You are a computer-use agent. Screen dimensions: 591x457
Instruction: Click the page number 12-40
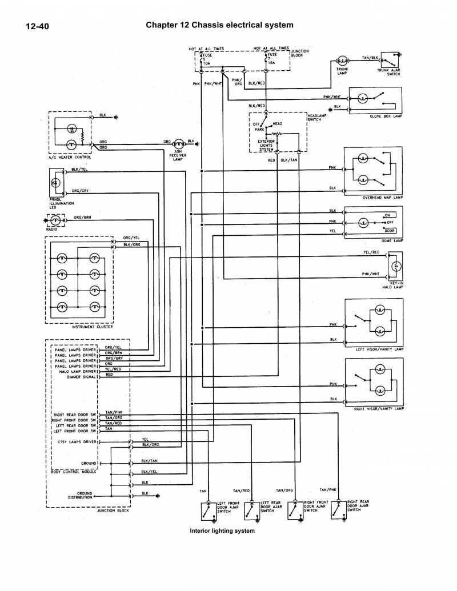[37, 26]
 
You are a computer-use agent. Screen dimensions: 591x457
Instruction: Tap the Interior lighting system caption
[222, 530]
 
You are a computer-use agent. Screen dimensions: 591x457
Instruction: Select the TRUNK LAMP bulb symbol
[342, 61]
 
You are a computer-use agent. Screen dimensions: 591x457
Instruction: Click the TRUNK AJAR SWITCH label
[388, 72]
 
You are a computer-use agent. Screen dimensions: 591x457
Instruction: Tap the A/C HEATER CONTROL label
[67, 156]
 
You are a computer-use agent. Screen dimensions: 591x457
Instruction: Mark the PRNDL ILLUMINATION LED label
[62, 203]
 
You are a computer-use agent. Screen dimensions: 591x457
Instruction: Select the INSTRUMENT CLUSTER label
[92, 327]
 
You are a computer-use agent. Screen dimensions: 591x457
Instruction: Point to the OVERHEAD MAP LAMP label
[383, 198]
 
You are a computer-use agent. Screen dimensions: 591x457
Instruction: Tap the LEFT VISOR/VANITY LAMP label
[379, 348]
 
